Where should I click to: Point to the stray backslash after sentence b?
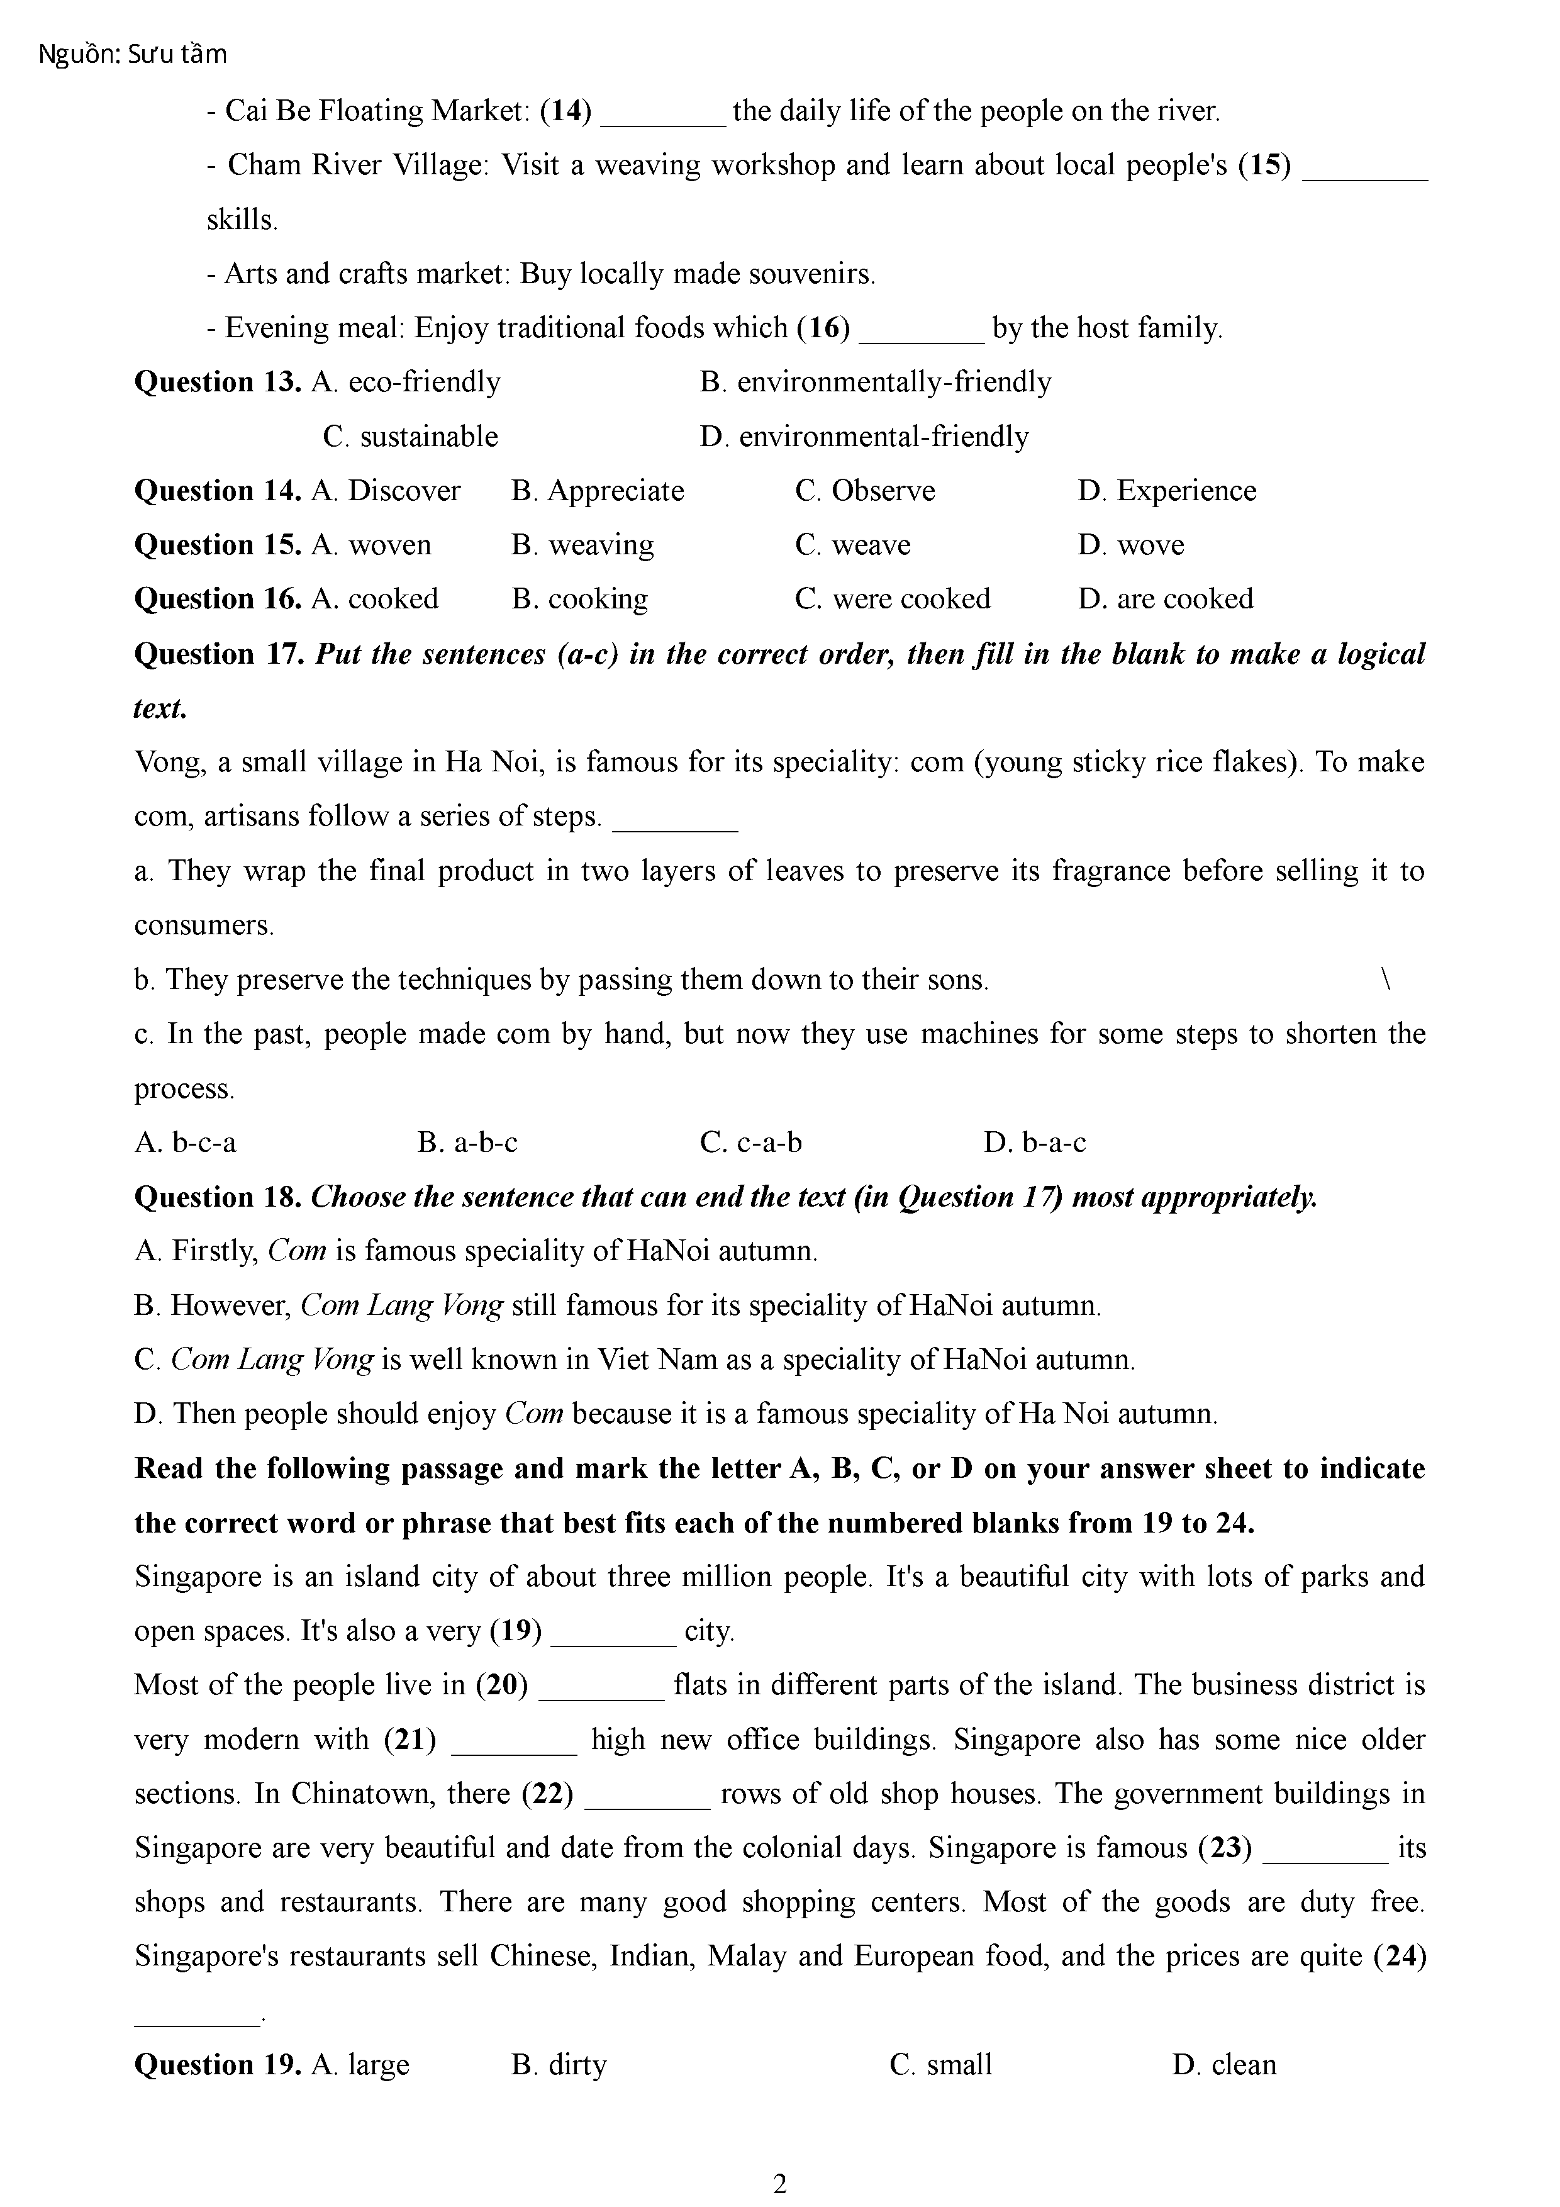click(1385, 980)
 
